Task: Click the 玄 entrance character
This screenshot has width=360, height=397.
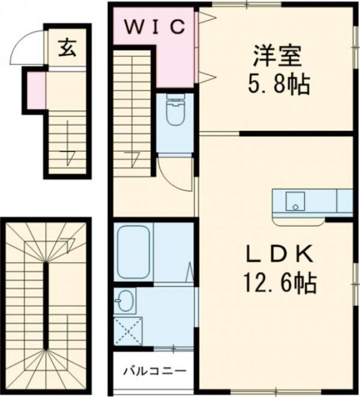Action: click(66, 48)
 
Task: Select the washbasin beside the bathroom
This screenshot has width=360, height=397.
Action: click(125, 301)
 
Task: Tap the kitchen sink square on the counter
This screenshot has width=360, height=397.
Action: click(295, 201)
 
